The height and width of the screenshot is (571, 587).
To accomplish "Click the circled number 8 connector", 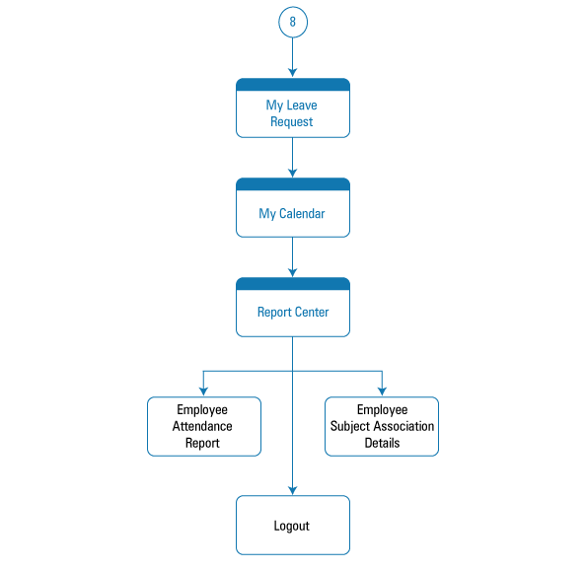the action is (x=293, y=22).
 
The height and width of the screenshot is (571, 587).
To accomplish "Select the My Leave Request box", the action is (x=293, y=108).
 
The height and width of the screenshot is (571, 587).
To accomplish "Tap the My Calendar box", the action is (x=293, y=208).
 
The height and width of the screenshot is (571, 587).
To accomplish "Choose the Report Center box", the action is (x=293, y=308).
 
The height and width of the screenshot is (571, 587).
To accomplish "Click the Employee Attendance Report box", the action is (x=204, y=427).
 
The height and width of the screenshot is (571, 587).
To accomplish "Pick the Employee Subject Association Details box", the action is (x=382, y=427).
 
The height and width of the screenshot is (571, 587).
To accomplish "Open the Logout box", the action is (x=293, y=526).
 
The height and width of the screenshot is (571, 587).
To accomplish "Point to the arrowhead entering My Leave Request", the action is (x=293, y=73).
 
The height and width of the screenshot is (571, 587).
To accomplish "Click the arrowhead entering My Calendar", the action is (x=293, y=173).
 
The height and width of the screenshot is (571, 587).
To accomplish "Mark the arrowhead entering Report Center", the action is (x=293, y=272).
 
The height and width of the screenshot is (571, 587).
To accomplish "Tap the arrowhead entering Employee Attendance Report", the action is (x=203, y=392).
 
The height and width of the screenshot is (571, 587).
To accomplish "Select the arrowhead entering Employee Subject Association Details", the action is (x=382, y=392).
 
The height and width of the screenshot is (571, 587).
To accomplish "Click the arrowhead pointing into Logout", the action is (x=293, y=490).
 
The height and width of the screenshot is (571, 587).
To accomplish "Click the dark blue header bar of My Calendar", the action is (x=293, y=184).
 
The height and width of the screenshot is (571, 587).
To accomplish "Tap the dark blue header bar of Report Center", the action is (x=293, y=284).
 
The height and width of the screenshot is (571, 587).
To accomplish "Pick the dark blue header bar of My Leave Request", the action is (x=293, y=85).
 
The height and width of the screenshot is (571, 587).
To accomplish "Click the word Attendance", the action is (x=202, y=426).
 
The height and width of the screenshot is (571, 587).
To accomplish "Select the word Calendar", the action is (x=302, y=213).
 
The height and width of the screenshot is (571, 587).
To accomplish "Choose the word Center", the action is (x=312, y=312).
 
